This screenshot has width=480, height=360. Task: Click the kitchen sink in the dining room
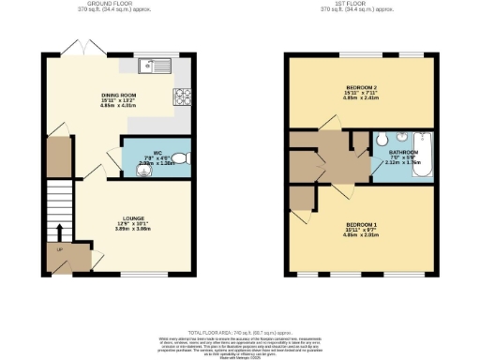click(x=151, y=66)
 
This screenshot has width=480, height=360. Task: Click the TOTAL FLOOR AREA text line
click(x=241, y=332)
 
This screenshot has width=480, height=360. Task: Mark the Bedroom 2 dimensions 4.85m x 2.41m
click(x=361, y=101)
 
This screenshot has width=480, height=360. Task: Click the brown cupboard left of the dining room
click(x=59, y=156)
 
